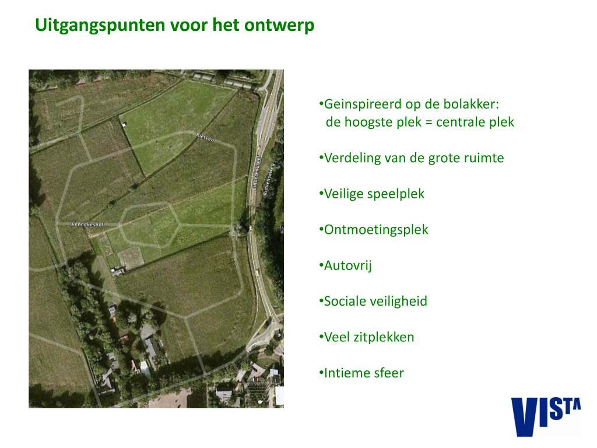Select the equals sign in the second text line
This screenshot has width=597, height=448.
coord(429,123)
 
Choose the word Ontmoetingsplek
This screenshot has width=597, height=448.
coord(376,230)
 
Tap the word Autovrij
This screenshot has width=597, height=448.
coord(347,265)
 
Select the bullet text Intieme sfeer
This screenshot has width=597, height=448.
coord(364,373)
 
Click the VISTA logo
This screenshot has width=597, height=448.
coord(546,416)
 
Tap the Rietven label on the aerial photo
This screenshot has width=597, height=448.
coord(205,137)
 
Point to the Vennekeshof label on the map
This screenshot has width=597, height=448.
coord(87,225)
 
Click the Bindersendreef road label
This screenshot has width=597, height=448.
coord(256,173)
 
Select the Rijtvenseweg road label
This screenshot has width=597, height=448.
coord(268,180)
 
